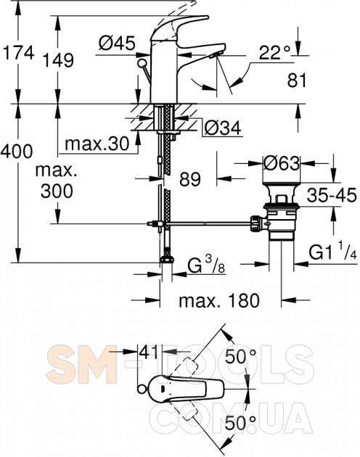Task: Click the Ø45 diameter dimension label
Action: [117, 43]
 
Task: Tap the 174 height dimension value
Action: [18, 53]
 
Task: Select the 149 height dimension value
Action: [58, 61]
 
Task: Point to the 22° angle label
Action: [275, 53]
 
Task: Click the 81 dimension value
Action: [297, 80]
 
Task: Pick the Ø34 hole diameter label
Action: [223, 128]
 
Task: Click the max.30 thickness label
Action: [97, 144]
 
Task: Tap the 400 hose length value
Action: [17, 152]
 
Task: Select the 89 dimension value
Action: [190, 179]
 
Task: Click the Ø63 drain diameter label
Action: [281, 163]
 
